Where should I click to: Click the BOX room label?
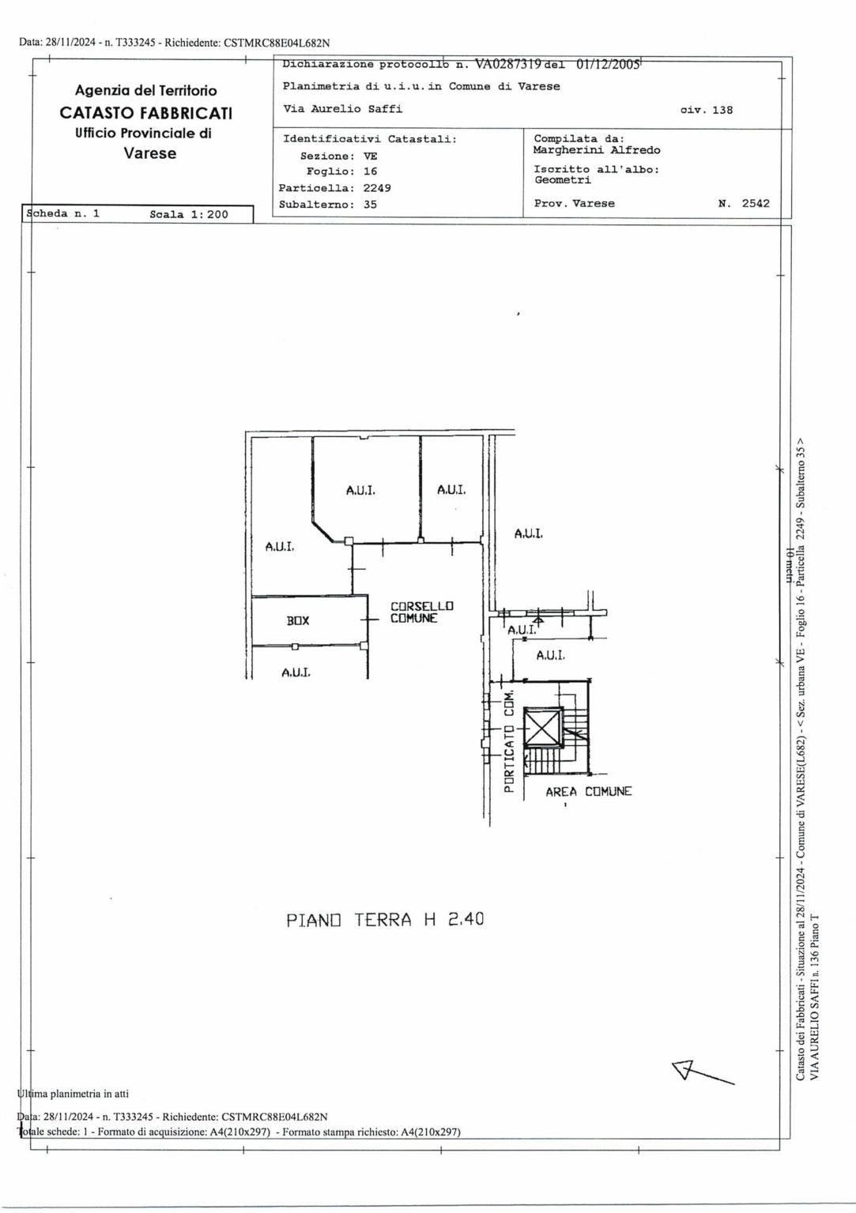tap(298, 620)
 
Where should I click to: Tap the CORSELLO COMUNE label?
tap(422, 612)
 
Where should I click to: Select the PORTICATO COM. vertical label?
tap(508, 742)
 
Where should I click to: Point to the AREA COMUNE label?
tap(588, 792)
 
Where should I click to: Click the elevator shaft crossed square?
tap(543, 728)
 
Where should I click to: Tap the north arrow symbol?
tap(703, 1072)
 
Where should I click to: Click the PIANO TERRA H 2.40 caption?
tap(385, 920)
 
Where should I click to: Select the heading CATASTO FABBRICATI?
tap(145, 113)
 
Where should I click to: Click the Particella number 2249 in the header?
tap(377, 188)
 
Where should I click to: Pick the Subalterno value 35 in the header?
tap(370, 204)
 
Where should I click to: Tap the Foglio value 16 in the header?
tap(370, 171)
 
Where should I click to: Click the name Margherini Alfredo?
tap(597, 150)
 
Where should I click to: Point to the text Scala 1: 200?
tap(189, 214)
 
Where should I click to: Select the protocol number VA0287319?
tap(507, 64)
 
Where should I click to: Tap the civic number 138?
tap(722, 110)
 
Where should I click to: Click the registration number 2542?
tap(756, 203)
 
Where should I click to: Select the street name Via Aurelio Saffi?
tap(342, 109)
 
